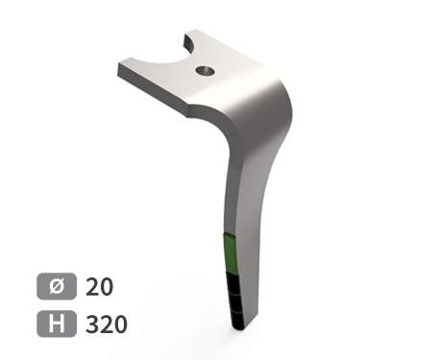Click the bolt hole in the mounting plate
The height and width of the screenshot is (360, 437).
coord(204,70)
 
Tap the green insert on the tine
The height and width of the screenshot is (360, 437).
coord(228,253)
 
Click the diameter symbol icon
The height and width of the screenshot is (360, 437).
coord(56,286)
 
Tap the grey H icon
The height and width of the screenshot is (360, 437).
coord(56,324)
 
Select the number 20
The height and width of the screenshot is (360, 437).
coord(99,286)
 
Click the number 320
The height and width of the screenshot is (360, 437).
coord(106,324)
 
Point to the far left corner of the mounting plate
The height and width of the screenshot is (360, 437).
coord(121,70)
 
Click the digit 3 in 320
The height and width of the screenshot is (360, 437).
coord(92,324)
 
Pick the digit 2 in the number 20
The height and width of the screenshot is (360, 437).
coord(92,286)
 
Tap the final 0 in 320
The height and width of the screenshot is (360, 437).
coord(119,324)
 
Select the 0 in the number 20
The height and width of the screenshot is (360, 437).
coord(106,286)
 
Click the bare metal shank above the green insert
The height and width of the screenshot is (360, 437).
coord(235,192)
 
